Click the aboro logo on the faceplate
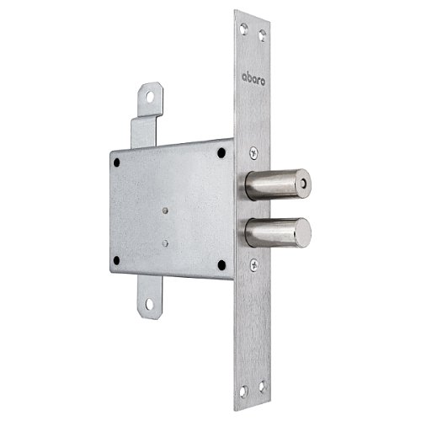(x=253, y=79)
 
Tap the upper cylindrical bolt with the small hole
(x=278, y=184)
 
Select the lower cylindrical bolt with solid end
(x=278, y=232)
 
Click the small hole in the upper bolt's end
(x=302, y=184)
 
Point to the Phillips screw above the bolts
(x=253, y=153)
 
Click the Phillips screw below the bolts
(x=254, y=264)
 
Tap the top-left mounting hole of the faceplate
(x=243, y=29)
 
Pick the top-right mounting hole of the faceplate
(x=263, y=35)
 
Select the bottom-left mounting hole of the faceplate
(x=243, y=392)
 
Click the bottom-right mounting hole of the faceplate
(x=263, y=386)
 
